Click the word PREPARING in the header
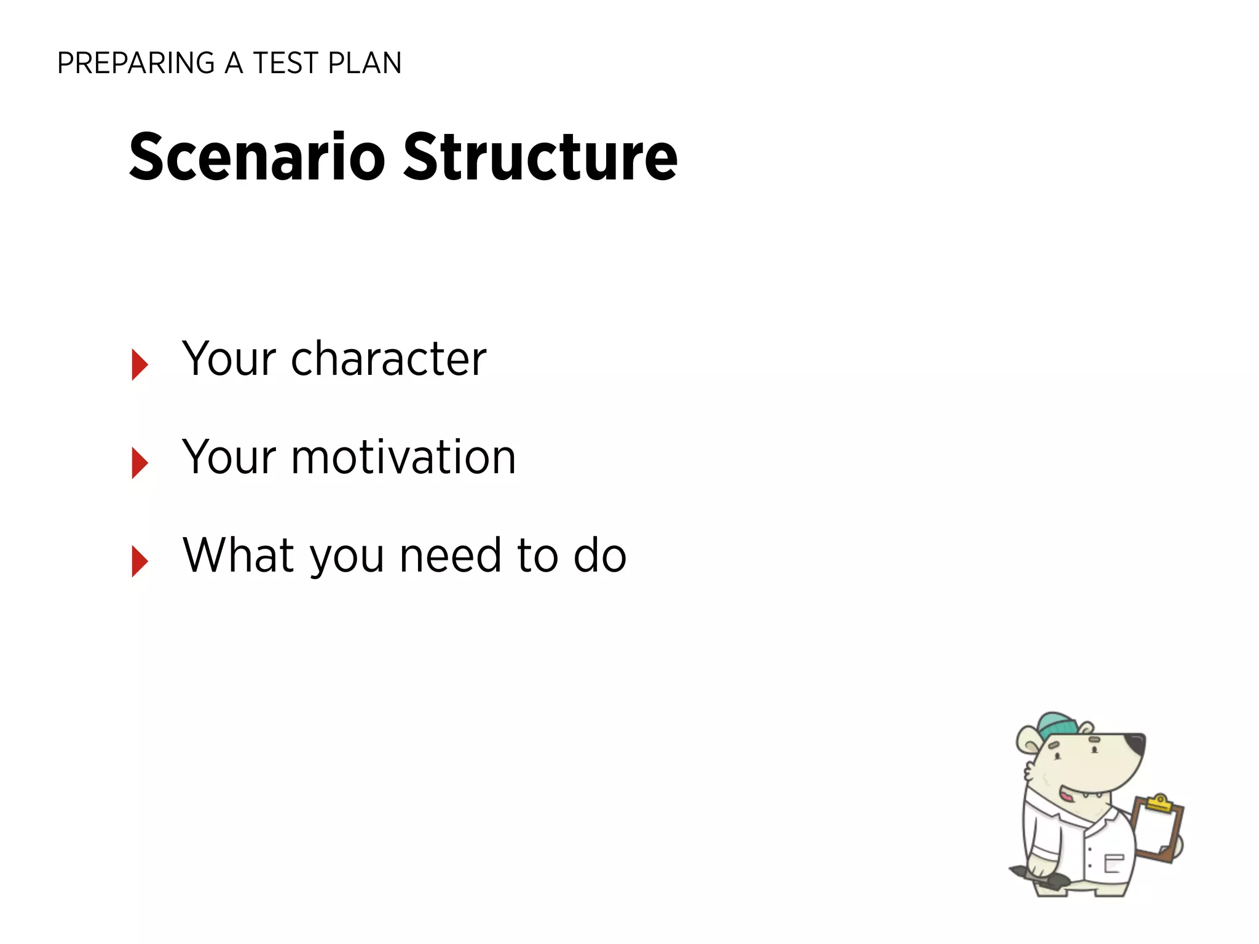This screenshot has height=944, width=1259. [x=135, y=63]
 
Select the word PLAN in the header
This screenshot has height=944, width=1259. [x=365, y=63]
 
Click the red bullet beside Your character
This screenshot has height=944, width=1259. [x=139, y=364]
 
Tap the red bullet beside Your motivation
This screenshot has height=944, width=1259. [x=139, y=463]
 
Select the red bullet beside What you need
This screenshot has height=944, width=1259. [x=139, y=561]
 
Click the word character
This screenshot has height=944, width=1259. [x=389, y=360]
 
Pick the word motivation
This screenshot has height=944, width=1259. [x=403, y=458]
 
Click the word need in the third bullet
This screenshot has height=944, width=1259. [x=450, y=556]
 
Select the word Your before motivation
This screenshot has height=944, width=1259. [x=229, y=458]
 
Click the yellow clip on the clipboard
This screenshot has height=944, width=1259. [x=1159, y=804]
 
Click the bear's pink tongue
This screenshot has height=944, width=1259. [x=1067, y=796]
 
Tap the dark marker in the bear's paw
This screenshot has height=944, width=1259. [x=1039, y=876]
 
